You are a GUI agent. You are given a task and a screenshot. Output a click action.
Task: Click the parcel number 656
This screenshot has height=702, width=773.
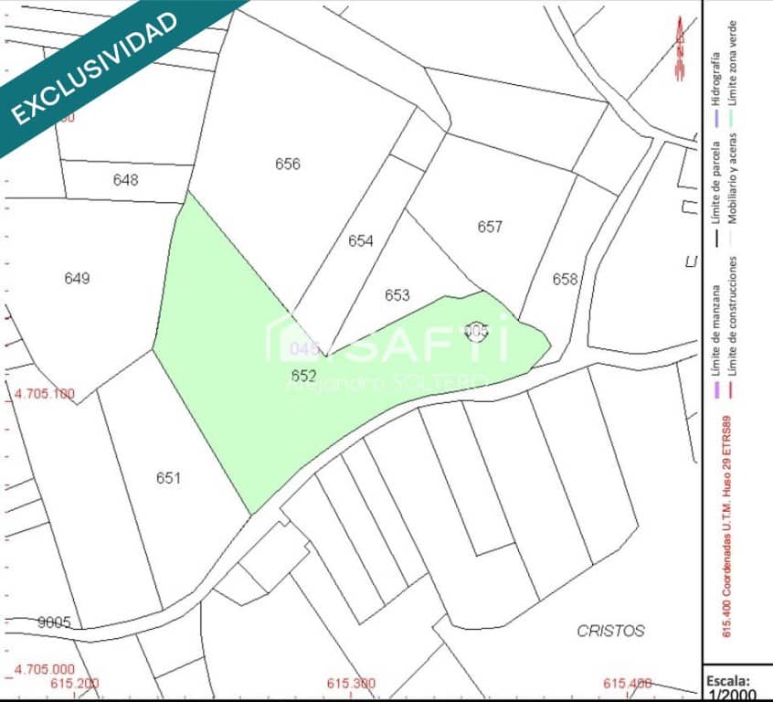pyautogui.click(x=288, y=165)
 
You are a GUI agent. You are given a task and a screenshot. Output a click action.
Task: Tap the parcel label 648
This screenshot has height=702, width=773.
pyautogui.click(x=126, y=180)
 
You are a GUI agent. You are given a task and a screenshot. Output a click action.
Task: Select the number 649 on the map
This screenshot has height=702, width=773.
pyautogui.click(x=78, y=279)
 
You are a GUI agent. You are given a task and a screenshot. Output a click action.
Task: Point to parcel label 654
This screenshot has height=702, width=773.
pyautogui.click(x=361, y=241)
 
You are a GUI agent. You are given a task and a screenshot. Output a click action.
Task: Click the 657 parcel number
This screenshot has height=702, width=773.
pyautogui.click(x=490, y=227)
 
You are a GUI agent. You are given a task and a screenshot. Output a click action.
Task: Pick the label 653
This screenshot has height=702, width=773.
pyautogui.click(x=397, y=295)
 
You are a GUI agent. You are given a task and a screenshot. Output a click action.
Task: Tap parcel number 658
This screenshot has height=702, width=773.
pyautogui.click(x=566, y=280)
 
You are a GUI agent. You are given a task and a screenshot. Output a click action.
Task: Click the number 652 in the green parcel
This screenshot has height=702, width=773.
pyautogui.click(x=303, y=376)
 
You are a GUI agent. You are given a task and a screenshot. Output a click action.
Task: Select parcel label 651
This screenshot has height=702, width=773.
pyautogui.click(x=168, y=478)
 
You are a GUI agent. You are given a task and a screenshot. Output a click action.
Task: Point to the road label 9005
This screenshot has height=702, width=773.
pyautogui.click(x=54, y=622)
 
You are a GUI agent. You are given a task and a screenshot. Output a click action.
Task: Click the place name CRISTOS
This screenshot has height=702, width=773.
pyautogui.click(x=611, y=631)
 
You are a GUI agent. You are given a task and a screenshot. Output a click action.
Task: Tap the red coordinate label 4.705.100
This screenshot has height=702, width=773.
pyautogui.click(x=45, y=395)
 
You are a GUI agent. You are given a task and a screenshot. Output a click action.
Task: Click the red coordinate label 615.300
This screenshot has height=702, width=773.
pyautogui.click(x=351, y=684)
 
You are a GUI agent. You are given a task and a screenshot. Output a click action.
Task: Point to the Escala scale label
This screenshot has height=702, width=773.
pyautogui.click(x=727, y=681)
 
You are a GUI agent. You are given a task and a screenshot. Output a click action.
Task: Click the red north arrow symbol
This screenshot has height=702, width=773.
pyautogui.click(x=679, y=50)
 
